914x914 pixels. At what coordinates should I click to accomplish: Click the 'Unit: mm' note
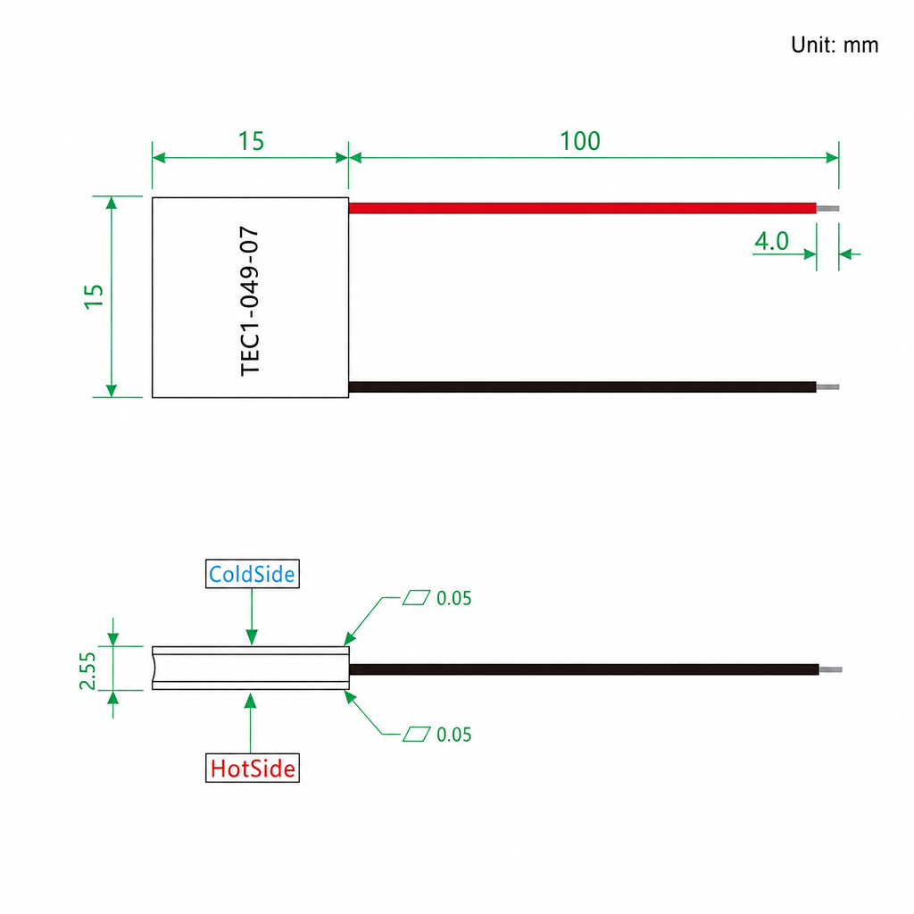(835, 45)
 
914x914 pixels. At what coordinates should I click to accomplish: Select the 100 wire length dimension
(580, 141)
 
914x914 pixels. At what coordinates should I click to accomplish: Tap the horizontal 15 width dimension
(251, 141)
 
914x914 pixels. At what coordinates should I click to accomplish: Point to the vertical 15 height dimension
(94, 296)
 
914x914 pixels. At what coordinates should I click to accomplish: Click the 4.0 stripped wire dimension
(771, 241)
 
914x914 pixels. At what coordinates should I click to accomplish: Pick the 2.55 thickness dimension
(87, 671)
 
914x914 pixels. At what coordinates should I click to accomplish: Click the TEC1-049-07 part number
(250, 301)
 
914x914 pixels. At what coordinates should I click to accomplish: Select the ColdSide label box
(253, 574)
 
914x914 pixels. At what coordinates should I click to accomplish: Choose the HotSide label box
(253, 768)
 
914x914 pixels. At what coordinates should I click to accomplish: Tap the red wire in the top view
(582, 208)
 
